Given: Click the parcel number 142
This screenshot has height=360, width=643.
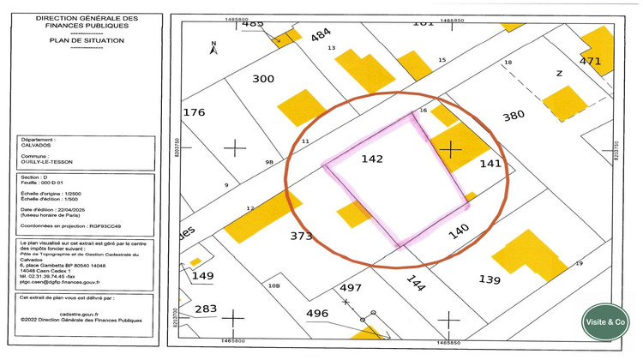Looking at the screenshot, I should coord(371,159).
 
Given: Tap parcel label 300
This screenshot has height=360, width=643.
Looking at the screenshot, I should coord(262,79).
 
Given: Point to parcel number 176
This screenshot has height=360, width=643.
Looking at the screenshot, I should coord(195,112).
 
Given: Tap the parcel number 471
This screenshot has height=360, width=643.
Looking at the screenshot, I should coord(591,61).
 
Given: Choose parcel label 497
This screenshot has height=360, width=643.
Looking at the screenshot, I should coord(351,287).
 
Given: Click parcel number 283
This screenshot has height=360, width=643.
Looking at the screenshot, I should coord(206,309).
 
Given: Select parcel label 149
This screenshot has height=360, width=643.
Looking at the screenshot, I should coord(202,275).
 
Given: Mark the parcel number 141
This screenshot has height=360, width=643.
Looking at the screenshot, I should coord(490,163).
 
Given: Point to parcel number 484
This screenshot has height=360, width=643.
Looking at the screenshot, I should coord(321,34).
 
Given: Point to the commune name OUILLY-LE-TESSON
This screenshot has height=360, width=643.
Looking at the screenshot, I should coord(46,160).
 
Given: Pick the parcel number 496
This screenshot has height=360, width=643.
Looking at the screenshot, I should coord(317,314).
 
